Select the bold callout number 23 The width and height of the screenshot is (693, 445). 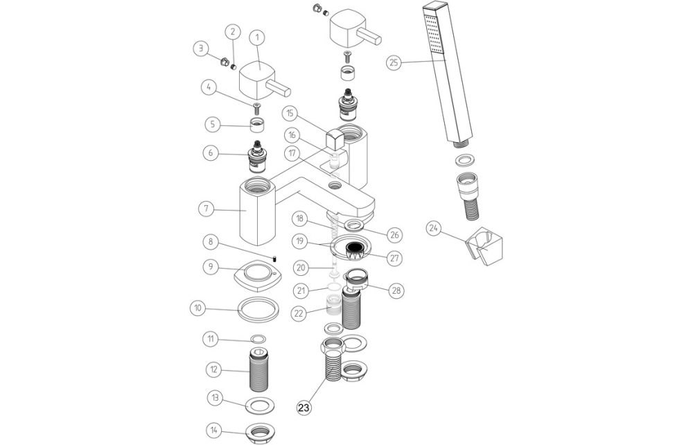click(304, 408)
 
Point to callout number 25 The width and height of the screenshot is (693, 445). click(394, 62)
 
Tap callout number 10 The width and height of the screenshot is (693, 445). click(199, 307)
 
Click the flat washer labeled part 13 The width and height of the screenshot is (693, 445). click(258, 404)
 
